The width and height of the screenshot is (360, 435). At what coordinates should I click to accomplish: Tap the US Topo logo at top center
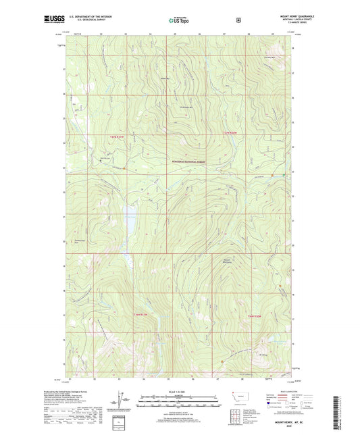(x=179, y=22)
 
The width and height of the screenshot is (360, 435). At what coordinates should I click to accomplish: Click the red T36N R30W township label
(x=254, y=316)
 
